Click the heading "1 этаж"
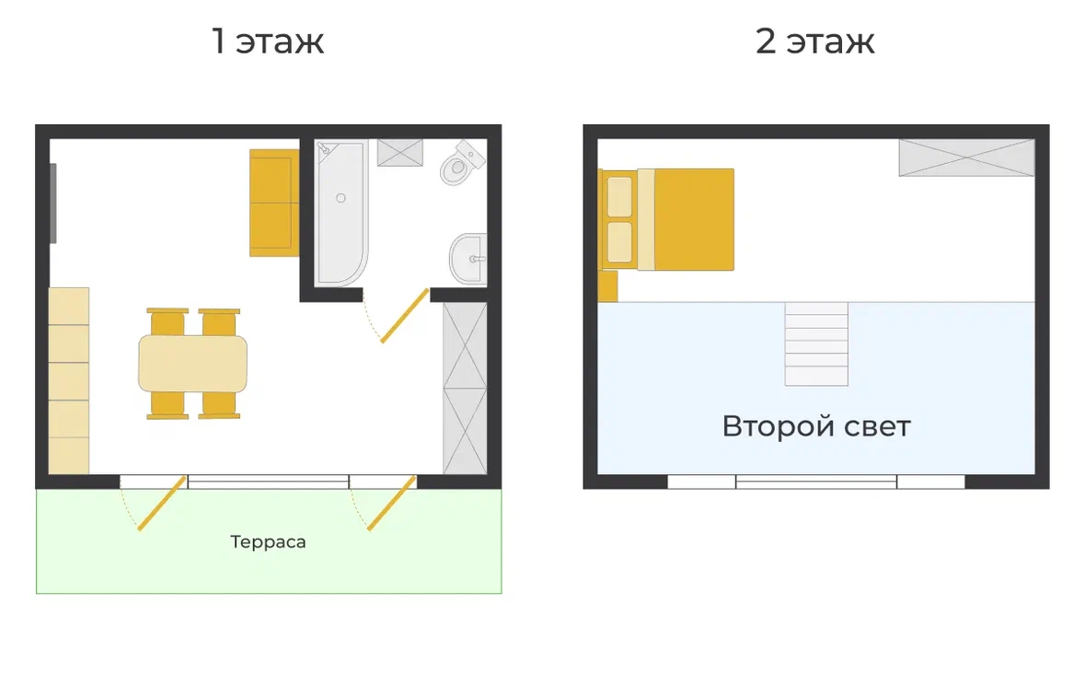coord(267,41)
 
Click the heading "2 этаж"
coord(815,41)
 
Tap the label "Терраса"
coord(268,541)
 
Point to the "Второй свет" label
coord(816,425)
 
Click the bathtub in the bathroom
coord(341,213)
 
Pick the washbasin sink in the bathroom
coord(469,259)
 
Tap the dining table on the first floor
coord(192,364)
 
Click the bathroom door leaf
coord(405,315)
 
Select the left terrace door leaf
coord(162,504)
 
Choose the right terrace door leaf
coord(392,504)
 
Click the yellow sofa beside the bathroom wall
coord(274,203)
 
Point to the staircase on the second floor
coord(816,344)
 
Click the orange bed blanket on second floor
coord(694,219)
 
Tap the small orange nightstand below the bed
coord(607,286)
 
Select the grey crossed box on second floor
coord(966,157)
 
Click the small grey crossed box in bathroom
coord(400,153)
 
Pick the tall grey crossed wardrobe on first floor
coord(465,389)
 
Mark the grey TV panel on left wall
coord(53,203)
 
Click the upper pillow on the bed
coord(619,197)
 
